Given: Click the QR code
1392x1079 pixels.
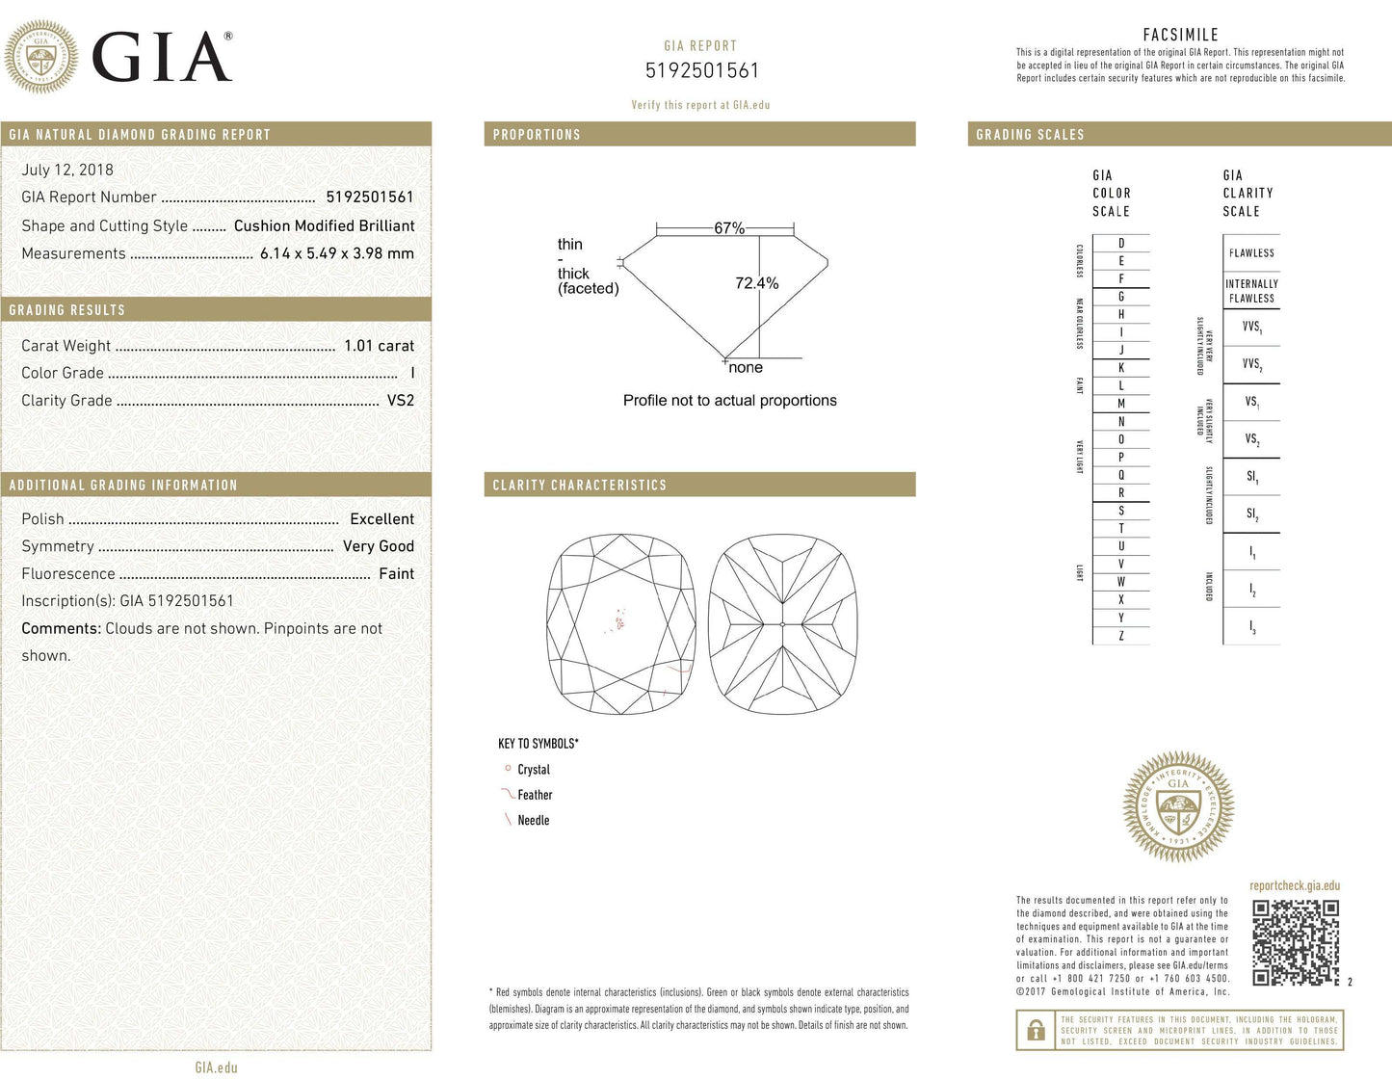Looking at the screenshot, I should [1295, 943].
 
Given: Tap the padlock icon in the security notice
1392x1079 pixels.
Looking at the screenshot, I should [1036, 1031].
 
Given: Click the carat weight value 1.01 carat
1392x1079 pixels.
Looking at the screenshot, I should [379, 346].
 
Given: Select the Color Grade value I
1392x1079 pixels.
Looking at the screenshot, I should [411, 373].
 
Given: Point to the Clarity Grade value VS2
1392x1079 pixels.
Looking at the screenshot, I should [400, 401].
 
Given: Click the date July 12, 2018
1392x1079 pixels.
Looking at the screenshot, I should [67, 171].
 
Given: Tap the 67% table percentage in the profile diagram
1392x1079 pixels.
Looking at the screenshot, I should [729, 228].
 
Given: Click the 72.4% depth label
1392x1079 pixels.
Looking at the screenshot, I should [756, 283].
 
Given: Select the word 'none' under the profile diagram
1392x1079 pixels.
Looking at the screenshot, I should [746, 368].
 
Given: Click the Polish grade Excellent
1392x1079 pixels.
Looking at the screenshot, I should [381, 519].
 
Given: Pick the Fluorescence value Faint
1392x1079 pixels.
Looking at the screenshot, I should [396, 574].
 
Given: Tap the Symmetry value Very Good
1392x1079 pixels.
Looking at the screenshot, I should [379, 546].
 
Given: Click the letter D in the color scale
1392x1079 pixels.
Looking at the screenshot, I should [1121, 244].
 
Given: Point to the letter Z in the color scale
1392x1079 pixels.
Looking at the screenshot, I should [1121, 636].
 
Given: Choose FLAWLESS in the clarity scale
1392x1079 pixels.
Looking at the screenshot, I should [1251, 253].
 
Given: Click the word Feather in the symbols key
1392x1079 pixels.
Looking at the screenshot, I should [535, 796].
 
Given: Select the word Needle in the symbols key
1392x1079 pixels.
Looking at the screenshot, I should [534, 821].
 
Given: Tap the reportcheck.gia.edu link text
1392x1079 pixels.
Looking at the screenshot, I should [1295, 886].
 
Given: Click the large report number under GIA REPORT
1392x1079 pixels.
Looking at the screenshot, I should [701, 71].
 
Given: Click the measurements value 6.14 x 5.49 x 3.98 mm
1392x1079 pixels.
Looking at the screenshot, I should [337, 254].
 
